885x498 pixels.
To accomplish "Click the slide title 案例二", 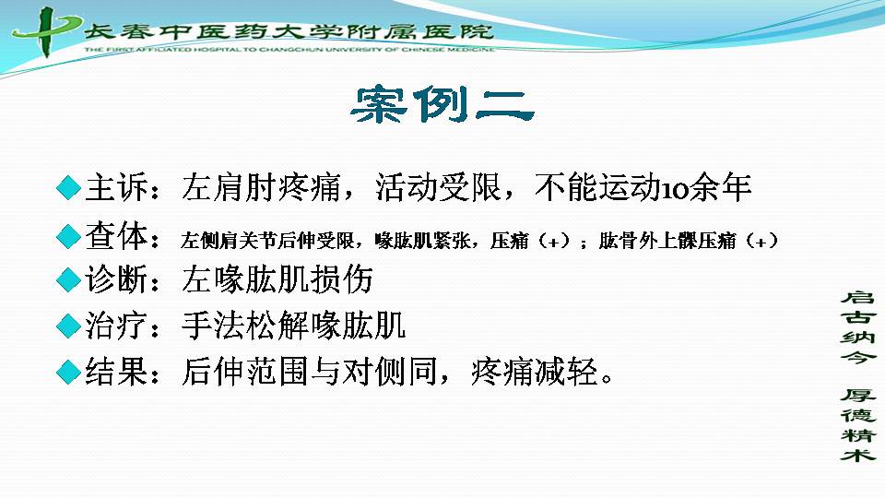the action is pyautogui.click(x=442, y=104).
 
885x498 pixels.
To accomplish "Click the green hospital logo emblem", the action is pyautogui.click(x=46, y=31).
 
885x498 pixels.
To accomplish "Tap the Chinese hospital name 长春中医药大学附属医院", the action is pyautogui.click(x=289, y=31).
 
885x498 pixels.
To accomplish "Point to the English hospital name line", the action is pyautogui.click(x=289, y=50).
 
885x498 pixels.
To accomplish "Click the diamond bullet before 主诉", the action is pyautogui.click(x=69, y=187).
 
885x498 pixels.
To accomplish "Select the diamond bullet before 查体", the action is pyautogui.click(x=69, y=236).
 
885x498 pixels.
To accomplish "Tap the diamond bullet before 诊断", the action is pyautogui.click(x=69, y=279).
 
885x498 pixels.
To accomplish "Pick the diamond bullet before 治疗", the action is pyautogui.click(x=69, y=326).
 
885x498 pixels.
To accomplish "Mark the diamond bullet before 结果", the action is pyautogui.click(x=69, y=372).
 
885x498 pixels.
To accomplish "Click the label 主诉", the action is pyautogui.click(x=117, y=188).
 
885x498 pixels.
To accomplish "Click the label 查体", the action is pyautogui.click(x=117, y=236).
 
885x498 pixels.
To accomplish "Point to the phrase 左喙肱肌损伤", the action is pyautogui.click(x=277, y=279).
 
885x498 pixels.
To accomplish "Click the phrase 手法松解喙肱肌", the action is pyautogui.click(x=293, y=326).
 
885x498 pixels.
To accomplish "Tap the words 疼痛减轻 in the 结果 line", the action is pyautogui.click(x=535, y=372).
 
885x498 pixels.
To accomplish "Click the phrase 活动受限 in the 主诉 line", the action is pyautogui.click(x=439, y=188).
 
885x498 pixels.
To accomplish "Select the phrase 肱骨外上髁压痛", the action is pyautogui.click(x=667, y=241).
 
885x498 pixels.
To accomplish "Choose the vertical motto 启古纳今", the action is pyautogui.click(x=858, y=326).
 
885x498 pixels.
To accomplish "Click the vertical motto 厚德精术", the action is pyautogui.click(x=858, y=424).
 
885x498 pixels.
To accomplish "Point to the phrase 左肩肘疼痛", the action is pyautogui.click(x=261, y=188).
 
